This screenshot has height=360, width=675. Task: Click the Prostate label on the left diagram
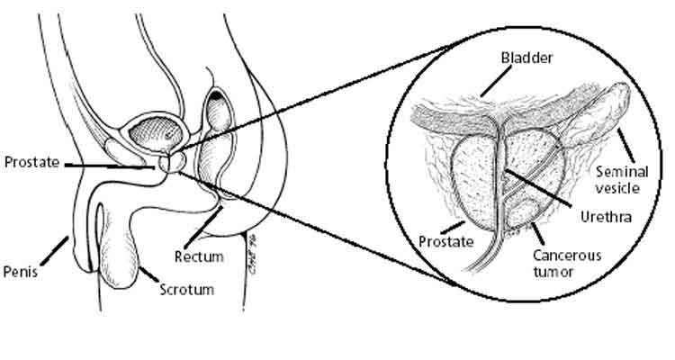(x=31, y=163)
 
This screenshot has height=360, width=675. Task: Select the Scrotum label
(x=186, y=290)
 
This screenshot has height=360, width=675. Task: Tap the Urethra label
(x=601, y=218)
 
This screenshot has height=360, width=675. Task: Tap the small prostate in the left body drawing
(x=166, y=165)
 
